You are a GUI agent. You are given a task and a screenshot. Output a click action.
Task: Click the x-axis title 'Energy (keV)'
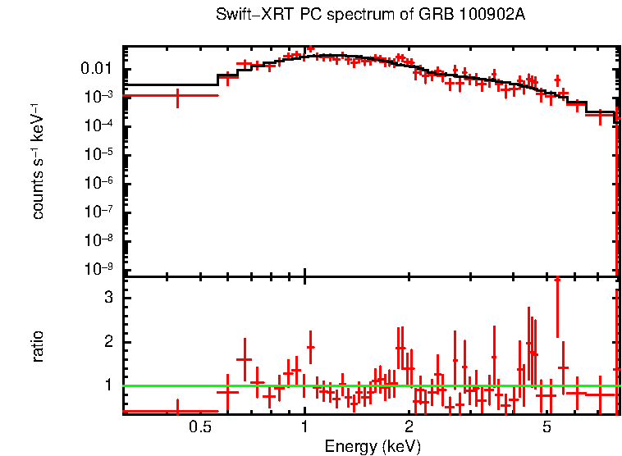373,446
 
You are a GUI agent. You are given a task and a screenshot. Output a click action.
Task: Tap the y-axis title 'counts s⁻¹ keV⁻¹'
38,162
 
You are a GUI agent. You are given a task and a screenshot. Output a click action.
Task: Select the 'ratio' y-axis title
38,346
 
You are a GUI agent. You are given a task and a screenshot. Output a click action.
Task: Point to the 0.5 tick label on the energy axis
199,427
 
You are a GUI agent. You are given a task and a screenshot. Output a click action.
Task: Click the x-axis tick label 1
304,427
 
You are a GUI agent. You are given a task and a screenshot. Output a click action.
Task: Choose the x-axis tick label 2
409,427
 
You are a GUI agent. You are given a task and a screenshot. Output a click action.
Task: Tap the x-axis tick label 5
547,427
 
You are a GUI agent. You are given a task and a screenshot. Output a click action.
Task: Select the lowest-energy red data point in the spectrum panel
178,96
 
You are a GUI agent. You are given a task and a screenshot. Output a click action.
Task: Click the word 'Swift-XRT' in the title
246,16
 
